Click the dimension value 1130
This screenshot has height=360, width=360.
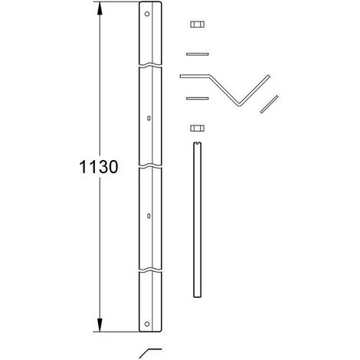click(x=99, y=167)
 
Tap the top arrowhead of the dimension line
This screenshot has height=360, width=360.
click(x=100, y=8)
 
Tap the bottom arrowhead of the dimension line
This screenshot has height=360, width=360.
click(x=100, y=325)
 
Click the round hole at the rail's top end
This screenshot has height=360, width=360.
click(x=147, y=14)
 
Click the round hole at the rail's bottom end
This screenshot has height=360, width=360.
click(x=147, y=324)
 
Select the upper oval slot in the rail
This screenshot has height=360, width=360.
click(x=149, y=118)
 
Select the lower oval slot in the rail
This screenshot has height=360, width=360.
click(x=149, y=216)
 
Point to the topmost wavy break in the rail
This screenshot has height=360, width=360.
click(x=150, y=64)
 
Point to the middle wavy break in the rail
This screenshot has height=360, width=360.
click(x=150, y=166)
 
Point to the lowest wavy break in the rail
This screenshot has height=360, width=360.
click(x=150, y=270)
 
